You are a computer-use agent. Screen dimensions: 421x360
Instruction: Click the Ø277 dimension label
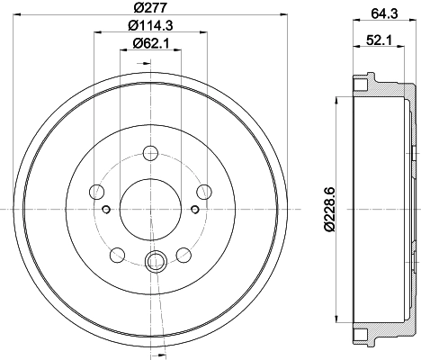pyautogui.click(x=150, y=7)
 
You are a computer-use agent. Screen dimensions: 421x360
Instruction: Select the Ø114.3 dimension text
pyautogui.click(x=150, y=25)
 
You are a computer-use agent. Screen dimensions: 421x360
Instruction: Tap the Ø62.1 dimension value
pyautogui.click(x=151, y=44)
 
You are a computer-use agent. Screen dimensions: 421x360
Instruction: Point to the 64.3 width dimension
pyautogui.click(x=384, y=13)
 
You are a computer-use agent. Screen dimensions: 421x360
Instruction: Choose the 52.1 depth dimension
pyautogui.click(x=379, y=40)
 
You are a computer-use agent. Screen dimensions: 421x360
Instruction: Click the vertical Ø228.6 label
pyautogui.click(x=329, y=210)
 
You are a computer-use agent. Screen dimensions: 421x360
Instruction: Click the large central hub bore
pyautogui.click(x=150, y=209)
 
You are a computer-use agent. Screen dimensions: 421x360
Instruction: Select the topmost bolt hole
pyautogui.click(x=150, y=153)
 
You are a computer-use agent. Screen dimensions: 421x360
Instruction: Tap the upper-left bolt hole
pyautogui.click(x=97, y=192)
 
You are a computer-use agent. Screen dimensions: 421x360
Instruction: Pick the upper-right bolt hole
pyautogui.click(x=204, y=192)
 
